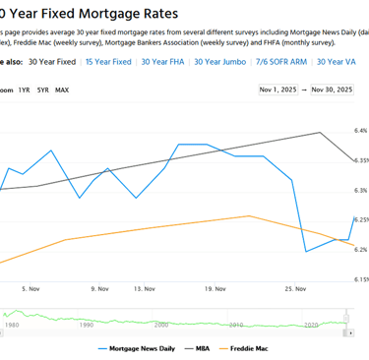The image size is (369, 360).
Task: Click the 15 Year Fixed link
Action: [x=108, y=62]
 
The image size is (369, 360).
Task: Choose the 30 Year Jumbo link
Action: [x=219, y=62]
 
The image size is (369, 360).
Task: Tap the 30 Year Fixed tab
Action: [x=52, y=62]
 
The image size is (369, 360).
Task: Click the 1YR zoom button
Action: [x=24, y=90]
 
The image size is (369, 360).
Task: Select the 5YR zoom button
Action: [x=43, y=90]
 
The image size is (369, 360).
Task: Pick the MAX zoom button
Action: [x=62, y=90]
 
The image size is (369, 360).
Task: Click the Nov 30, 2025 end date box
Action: [x=331, y=90]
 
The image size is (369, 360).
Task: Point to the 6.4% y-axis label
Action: [x=360, y=130]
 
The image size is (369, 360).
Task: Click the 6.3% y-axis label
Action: [x=360, y=190]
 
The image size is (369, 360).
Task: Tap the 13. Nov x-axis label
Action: [x=145, y=289]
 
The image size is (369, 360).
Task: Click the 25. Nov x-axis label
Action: [x=295, y=289]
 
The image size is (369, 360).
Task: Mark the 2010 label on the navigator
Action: [x=236, y=324]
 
